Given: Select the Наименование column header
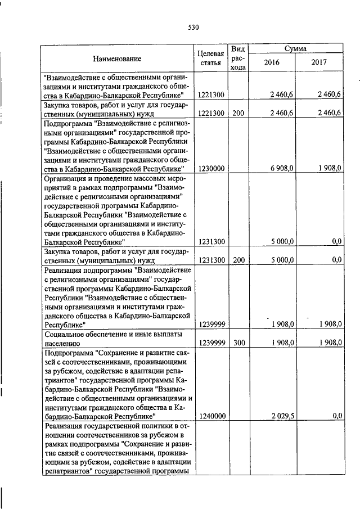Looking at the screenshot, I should click(x=118, y=58).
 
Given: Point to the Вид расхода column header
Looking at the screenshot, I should click(x=238, y=58).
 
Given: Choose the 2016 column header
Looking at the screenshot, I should click(x=272, y=63).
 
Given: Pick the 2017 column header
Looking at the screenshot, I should click(x=319, y=63).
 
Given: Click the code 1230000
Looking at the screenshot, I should click(x=212, y=168).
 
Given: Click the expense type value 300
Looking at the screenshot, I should click(x=238, y=342).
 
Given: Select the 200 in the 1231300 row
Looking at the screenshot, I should click(x=238, y=259).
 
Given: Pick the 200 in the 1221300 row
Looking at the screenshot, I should click(x=238, y=113).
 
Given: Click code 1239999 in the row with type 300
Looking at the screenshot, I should click(x=212, y=342).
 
